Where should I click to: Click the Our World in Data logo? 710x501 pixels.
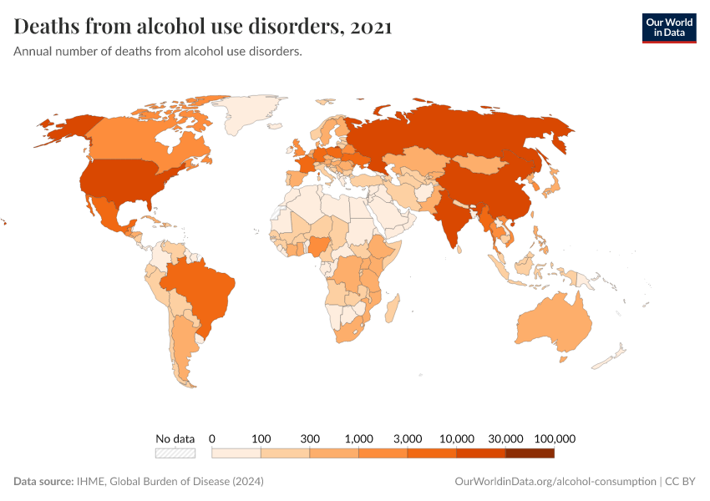pos(668,28)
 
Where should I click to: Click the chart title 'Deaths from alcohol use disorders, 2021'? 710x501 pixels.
pos(203,27)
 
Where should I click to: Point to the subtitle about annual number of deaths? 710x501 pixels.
pos(158,52)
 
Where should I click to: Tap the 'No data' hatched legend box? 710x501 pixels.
pos(175,453)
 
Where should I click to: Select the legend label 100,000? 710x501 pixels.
pos(555,438)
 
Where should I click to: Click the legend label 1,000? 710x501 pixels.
pos(358,438)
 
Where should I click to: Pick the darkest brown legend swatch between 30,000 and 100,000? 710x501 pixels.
pos(530,453)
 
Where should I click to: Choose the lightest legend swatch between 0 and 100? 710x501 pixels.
pos(236,453)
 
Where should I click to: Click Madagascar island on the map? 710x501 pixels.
pos(390,310)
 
